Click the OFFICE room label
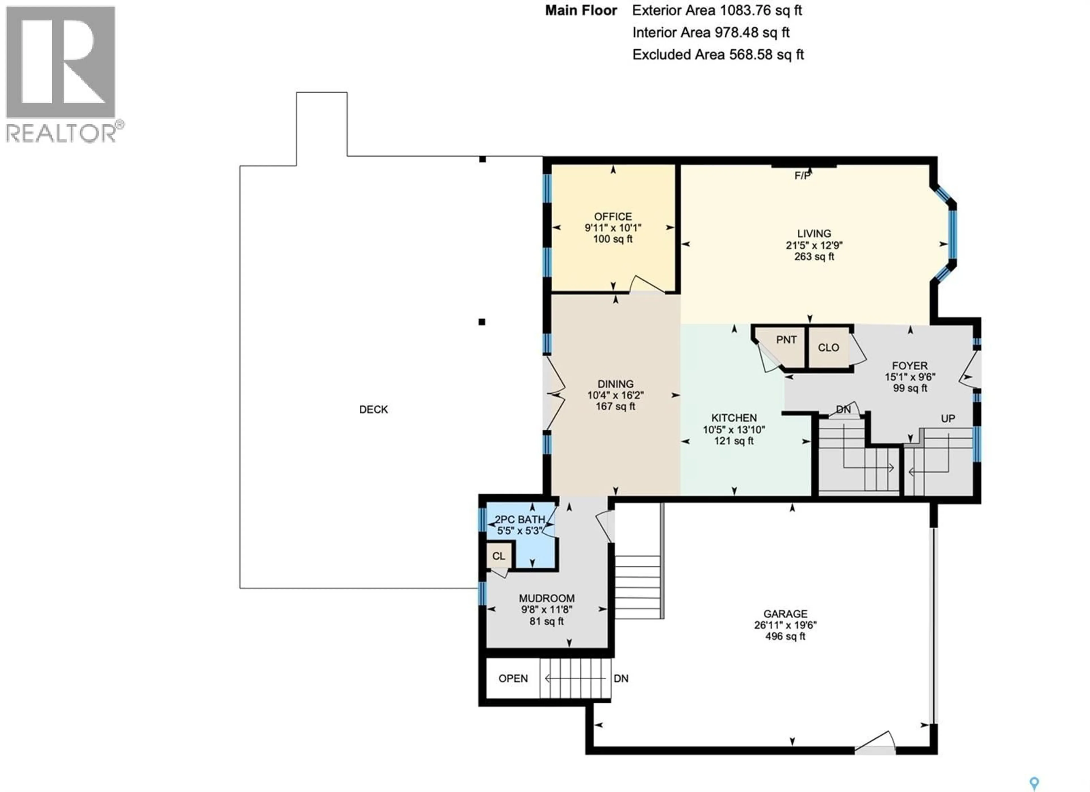pyautogui.click(x=613, y=217)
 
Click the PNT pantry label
pyautogui.click(x=786, y=340)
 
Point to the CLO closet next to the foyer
pyautogui.click(x=828, y=347)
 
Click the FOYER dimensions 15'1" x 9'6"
pyautogui.click(x=910, y=377)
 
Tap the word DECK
pyautogui.click(x=374, y=409)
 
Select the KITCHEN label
pyautogui.click(x=734, y=418)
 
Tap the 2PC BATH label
pyautogui.click(x=519, y=520)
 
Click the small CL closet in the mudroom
pyautogui.click(x=498, y=556)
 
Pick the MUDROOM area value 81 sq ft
pyautogui.click(x=546, y=621)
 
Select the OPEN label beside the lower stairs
pyautogui.click(x=513, y=678)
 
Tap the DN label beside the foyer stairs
pyautogui.click(x=843, y=409)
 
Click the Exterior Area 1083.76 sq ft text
pyautogui.click(x=716, y=10)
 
